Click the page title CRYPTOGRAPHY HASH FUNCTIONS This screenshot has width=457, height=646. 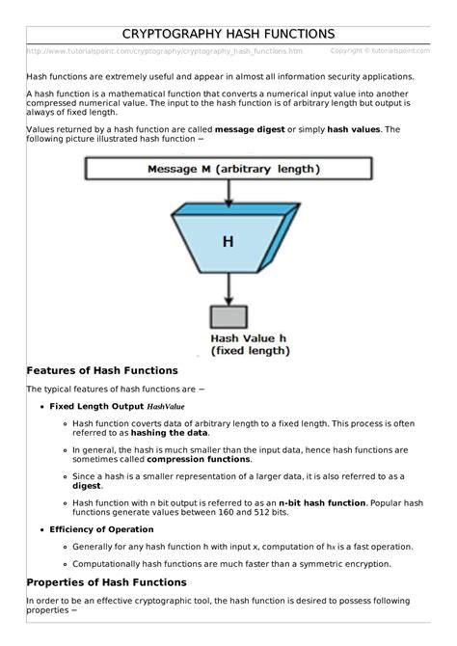(228, 34)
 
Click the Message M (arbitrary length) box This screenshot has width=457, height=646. (228, 169)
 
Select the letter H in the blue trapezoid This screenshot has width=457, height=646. (228, 242)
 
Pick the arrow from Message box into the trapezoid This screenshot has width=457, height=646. (228, 193)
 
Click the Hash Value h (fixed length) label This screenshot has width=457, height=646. (249, 344)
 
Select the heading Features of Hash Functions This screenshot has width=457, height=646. (102, 370)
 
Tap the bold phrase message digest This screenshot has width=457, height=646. (249, 128)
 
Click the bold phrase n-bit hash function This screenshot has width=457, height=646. (322, 502)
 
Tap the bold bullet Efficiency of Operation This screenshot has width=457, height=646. (101, 529)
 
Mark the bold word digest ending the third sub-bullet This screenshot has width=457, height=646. (87, 487)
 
